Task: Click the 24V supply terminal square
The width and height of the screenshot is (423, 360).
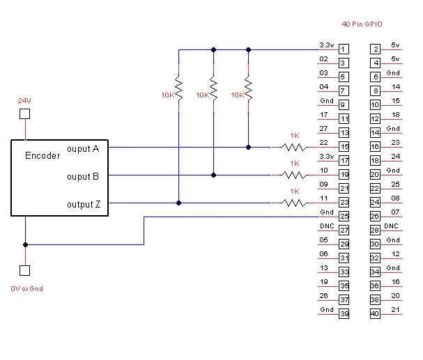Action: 25,114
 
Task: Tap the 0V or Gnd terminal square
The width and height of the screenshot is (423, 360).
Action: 25,270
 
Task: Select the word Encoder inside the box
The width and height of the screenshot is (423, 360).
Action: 43,155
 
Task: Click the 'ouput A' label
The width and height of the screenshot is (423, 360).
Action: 83,149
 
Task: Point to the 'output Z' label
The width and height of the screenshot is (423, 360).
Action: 84,204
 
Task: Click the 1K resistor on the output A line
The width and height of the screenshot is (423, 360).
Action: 294,148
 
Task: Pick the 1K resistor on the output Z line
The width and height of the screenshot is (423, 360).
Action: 294,203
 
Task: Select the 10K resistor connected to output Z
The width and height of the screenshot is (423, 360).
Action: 178,88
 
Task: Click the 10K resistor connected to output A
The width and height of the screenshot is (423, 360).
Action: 249,88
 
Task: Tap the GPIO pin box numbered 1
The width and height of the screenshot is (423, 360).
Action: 344,49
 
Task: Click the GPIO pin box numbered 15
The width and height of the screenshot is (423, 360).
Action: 344,147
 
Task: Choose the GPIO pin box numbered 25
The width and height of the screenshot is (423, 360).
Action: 344,216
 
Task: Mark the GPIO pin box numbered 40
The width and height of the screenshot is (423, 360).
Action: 375,313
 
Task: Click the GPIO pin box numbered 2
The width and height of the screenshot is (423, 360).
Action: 375,49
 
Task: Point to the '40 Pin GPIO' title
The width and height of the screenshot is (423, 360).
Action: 362,24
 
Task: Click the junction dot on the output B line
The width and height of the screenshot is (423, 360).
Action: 214,175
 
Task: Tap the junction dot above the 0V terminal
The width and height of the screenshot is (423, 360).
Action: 25,244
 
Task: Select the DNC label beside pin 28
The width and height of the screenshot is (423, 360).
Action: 391,226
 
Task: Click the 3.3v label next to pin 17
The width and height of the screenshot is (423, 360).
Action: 327,157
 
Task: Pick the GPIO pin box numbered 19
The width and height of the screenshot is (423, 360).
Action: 344,174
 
